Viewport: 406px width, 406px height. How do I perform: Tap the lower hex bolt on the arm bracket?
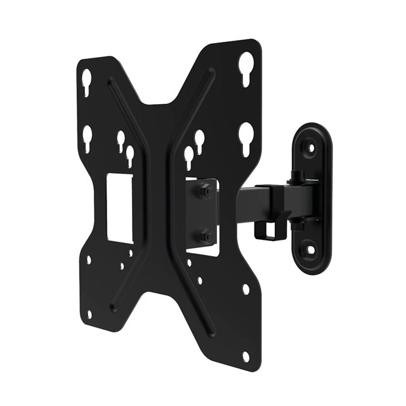pos(206,237)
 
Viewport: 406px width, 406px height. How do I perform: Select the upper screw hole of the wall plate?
pos(311,146)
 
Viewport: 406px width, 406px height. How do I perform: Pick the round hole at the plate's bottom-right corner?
pos(246,356)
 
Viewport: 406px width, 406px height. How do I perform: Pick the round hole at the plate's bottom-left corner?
pos(89,313)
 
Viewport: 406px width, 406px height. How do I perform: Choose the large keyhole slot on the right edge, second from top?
pos(246,134)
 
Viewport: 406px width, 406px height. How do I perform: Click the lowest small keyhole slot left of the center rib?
pos(130,155)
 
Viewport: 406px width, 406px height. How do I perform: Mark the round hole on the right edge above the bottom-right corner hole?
pos(246,289)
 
